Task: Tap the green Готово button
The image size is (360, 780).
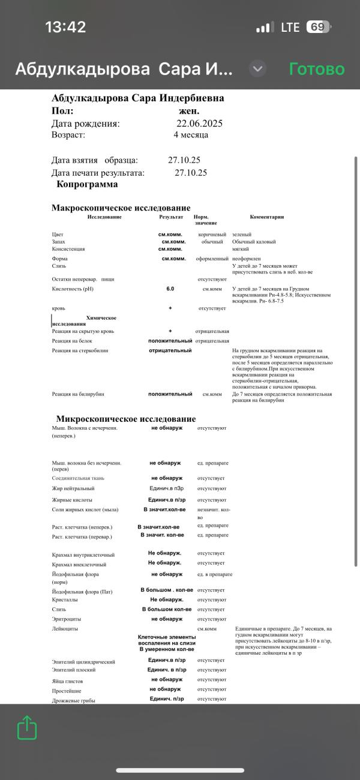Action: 317,69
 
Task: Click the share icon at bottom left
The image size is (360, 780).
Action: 27,728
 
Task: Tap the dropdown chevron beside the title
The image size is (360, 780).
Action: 257,68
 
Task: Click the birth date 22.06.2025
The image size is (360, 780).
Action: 199,124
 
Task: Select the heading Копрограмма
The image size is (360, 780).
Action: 87,184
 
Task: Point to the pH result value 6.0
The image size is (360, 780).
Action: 170,289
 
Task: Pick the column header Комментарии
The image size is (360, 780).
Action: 266,217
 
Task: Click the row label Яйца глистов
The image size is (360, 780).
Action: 67,682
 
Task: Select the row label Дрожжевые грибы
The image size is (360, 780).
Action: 74,700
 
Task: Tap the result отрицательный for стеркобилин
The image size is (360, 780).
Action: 170,350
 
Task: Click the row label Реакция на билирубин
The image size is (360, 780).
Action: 78,394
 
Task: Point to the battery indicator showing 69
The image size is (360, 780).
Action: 318,27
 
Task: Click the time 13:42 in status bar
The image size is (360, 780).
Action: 65,27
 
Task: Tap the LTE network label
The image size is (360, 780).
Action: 290,27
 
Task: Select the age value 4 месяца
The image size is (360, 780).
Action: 191,135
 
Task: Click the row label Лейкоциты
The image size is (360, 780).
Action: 65,628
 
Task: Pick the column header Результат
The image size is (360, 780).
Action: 171,217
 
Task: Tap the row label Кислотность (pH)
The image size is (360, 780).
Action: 73,289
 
